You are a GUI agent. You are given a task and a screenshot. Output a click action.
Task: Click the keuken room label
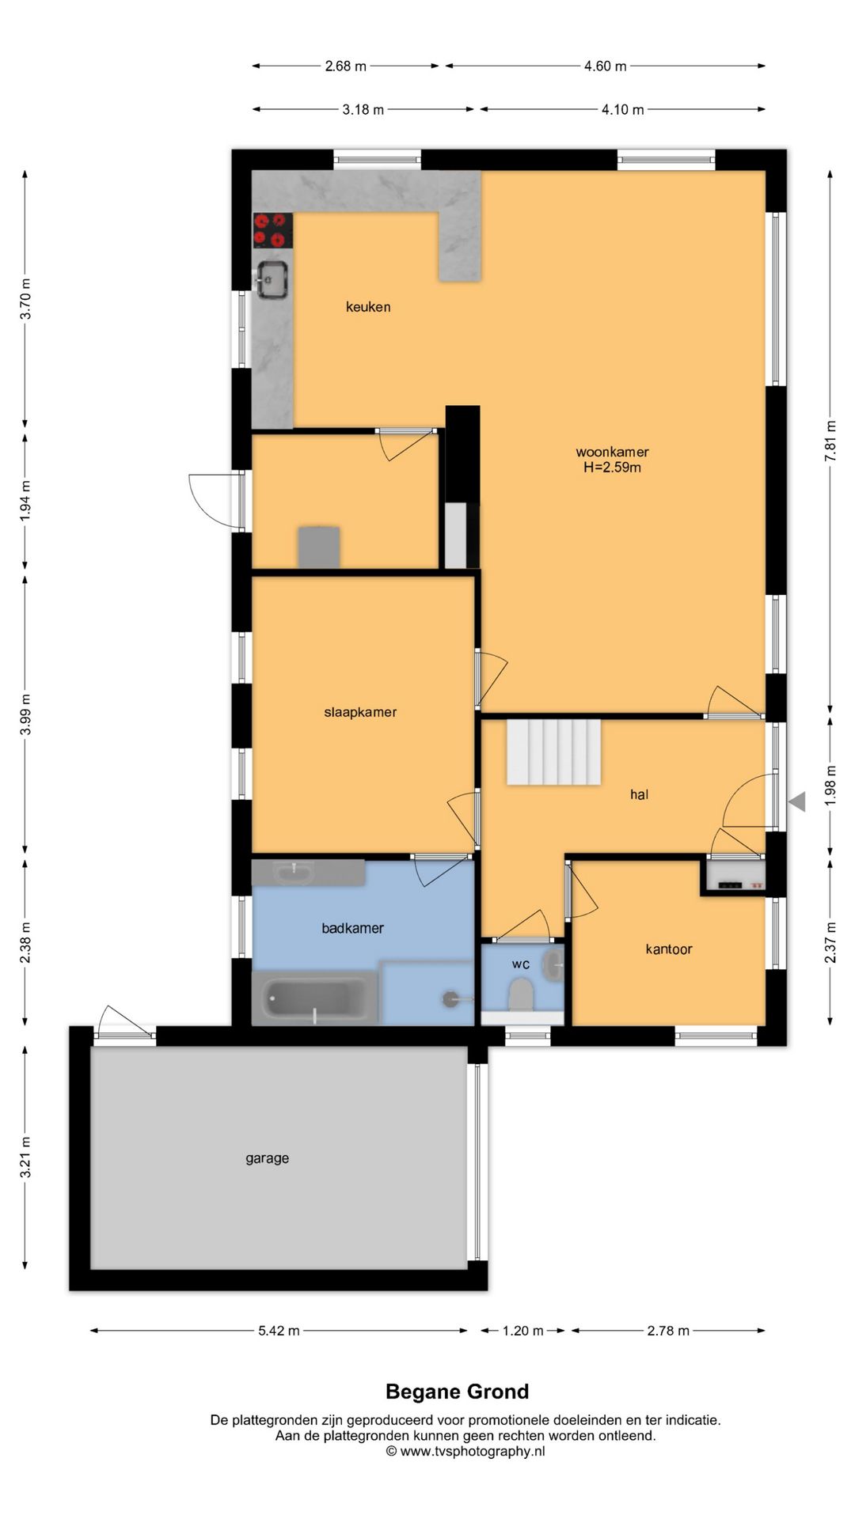coord(368,307)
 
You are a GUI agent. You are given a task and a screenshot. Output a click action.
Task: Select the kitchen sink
coord(272,279)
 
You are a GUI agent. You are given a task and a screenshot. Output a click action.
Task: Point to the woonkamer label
coord(612,452)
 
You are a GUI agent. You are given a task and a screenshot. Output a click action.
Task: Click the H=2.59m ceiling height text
coord(612,468)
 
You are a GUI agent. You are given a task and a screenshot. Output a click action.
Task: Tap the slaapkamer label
coord(360,712)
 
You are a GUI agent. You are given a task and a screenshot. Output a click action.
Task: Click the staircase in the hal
coord(553,752)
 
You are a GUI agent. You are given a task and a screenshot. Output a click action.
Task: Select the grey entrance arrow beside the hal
coord(797,801)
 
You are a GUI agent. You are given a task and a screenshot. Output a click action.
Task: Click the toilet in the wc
coord(520,994)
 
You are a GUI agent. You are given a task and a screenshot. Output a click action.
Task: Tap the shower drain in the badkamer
coord(450,999)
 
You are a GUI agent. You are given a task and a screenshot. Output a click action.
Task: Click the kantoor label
coord(669,949)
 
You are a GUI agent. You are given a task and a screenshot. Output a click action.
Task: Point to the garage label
coord(267,1158)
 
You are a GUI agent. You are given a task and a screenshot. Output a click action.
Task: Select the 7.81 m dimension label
coord(830,441)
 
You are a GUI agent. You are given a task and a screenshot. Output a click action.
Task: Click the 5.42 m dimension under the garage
coord(279,1331)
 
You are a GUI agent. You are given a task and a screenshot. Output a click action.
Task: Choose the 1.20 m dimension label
coord(523,1331)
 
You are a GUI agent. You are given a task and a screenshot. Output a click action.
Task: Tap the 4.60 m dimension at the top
coord(606,66)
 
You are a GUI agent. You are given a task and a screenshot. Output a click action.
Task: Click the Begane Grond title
coord(458,1392)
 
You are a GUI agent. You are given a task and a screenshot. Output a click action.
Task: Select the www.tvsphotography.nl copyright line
coord(465,1451)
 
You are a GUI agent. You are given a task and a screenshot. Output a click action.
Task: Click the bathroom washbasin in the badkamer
coord(294,873)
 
